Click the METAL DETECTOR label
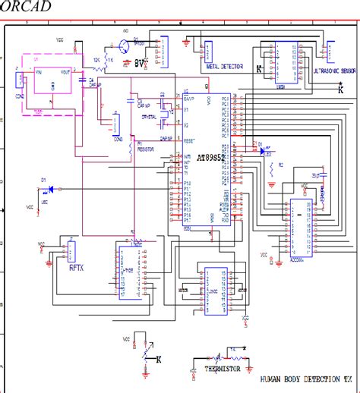[224, 67]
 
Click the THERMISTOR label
[223, 369]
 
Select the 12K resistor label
[96, 58]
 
